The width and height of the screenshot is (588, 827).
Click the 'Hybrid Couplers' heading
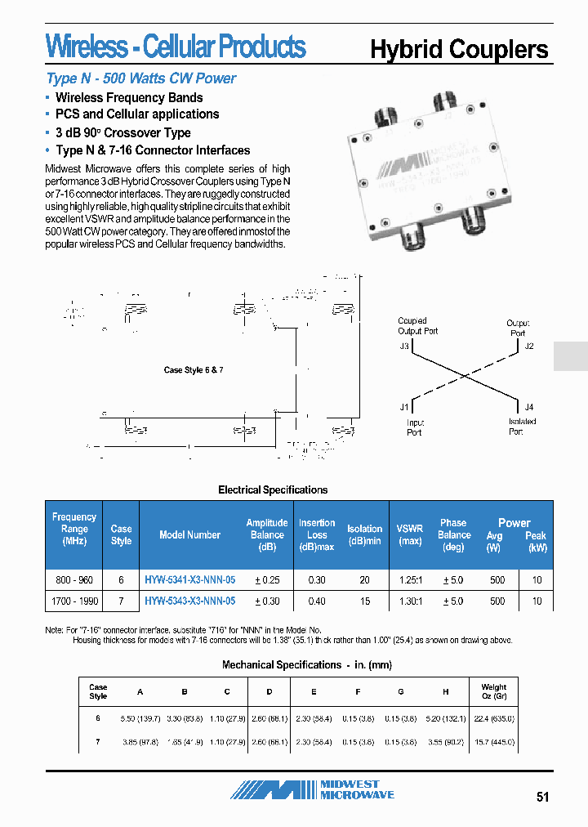pos(459,49)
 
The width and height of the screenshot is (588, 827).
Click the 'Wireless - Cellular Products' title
pos(176,47)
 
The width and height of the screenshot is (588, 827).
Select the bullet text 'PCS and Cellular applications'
pos(137,114)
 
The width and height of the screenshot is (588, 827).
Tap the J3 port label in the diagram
pos(404,346)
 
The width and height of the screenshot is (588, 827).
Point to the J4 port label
pos(529,407)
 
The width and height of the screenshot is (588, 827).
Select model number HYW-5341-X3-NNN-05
pos(189,579)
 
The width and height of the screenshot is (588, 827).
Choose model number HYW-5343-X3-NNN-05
pos(189,601)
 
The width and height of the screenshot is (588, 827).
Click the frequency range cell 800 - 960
pos(74,579)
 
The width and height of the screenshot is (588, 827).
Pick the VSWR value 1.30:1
pos(409,601)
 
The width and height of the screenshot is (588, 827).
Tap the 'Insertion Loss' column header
pos(317,534)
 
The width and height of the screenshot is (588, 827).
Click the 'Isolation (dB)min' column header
pos(364,534)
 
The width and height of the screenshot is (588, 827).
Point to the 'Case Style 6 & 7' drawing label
pos(194,370)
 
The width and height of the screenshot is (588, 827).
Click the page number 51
pos(544,798)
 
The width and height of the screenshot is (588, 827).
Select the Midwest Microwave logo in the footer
pos(313,789)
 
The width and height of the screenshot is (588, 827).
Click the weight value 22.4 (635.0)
pos(493,718)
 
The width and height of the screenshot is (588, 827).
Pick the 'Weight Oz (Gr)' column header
pos(493,691)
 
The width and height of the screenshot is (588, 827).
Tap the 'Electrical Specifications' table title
pos(273,490)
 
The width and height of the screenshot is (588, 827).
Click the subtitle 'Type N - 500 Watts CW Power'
pos(141,78)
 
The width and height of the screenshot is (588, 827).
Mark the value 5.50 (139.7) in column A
pos(140,718)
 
